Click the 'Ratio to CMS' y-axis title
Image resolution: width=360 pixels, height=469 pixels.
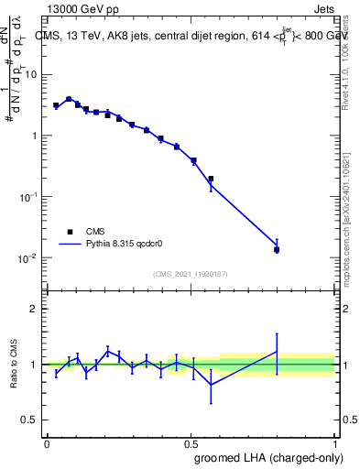tap(14, 365)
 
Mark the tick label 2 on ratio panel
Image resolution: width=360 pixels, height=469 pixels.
tap(35, 309)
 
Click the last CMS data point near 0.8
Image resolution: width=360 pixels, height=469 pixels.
tap(277, 249)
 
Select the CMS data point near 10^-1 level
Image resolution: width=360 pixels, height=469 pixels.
tap(211, 180)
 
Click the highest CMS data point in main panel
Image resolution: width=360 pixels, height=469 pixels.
tap(69, 99)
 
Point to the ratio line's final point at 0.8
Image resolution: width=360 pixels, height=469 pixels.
tap(277, 352)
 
